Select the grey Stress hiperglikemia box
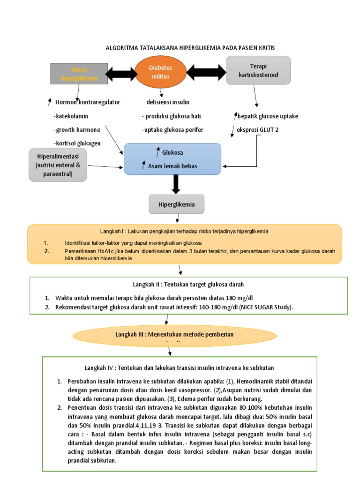(79, 74)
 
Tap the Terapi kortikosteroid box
(258, 70)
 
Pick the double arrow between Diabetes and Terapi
(206, 73)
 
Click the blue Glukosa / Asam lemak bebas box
(172, 159)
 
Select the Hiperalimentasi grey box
(59, 164)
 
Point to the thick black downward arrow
(176, 184)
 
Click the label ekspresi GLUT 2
(257, 130)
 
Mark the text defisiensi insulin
(168, 102)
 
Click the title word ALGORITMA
(121, 48)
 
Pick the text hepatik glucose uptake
(268, 116)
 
